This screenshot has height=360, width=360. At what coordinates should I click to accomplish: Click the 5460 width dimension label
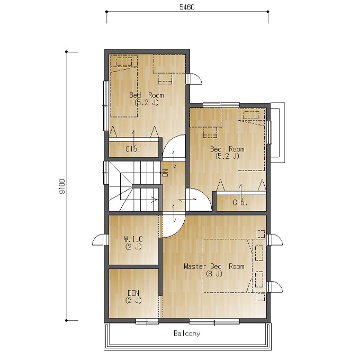187,7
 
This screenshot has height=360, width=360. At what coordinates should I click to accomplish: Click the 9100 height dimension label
62,186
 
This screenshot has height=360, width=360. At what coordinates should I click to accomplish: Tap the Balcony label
187,334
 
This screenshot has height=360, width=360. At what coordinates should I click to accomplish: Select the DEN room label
133,293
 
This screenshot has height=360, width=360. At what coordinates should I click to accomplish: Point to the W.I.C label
133,239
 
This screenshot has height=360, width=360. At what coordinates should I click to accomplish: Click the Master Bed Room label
214,266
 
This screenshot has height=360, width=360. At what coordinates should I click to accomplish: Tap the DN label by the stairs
165,173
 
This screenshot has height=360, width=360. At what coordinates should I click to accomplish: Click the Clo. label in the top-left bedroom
133,149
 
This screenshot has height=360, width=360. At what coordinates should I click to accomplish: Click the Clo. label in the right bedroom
240,202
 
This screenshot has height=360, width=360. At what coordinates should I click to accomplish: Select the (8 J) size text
214,274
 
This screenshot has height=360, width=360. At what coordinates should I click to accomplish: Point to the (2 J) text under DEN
133,300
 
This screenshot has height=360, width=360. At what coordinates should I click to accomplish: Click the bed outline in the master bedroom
228,266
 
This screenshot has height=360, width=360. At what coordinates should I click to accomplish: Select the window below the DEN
147,321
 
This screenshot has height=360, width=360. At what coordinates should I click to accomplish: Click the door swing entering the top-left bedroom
174,147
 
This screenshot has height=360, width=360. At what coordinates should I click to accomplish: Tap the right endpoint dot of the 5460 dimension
268,12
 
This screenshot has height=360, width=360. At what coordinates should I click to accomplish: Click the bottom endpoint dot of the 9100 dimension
67,320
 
